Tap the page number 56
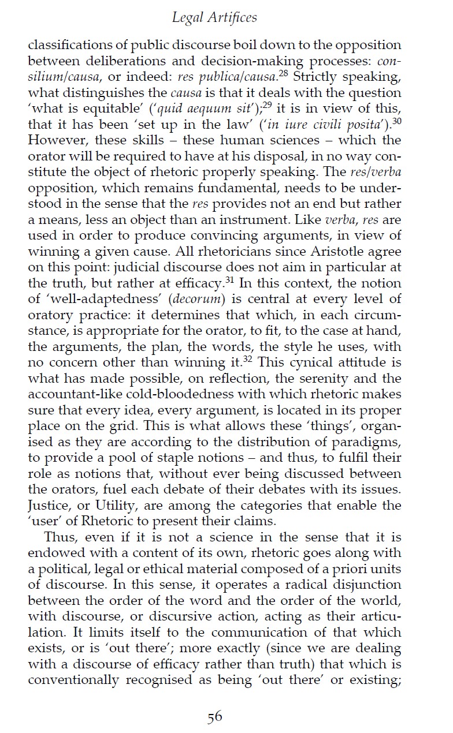[215, 717]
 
